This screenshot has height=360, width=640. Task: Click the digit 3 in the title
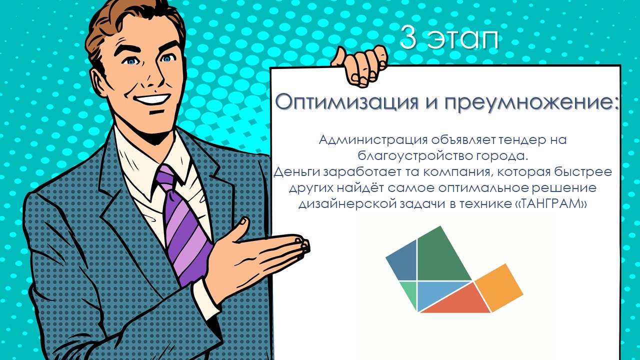408,36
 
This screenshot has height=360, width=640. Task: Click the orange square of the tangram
499,287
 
